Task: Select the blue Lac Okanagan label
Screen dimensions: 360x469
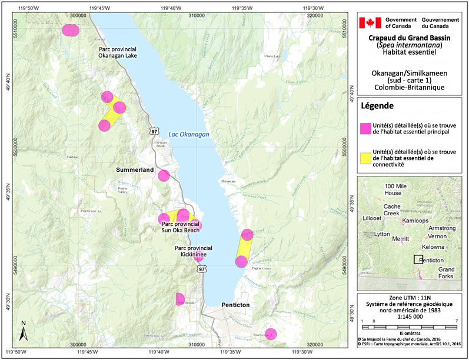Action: pos(189,134)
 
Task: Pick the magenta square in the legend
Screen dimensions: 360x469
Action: pos(366,128)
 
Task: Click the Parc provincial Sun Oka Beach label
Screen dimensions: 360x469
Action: pos(181,227)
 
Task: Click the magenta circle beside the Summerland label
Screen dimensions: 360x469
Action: pos(164,175)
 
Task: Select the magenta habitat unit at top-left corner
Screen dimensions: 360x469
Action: pos(70,30)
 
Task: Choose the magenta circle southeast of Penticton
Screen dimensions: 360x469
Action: pos(271,334)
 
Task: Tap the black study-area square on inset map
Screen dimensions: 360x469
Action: pos(417,259)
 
